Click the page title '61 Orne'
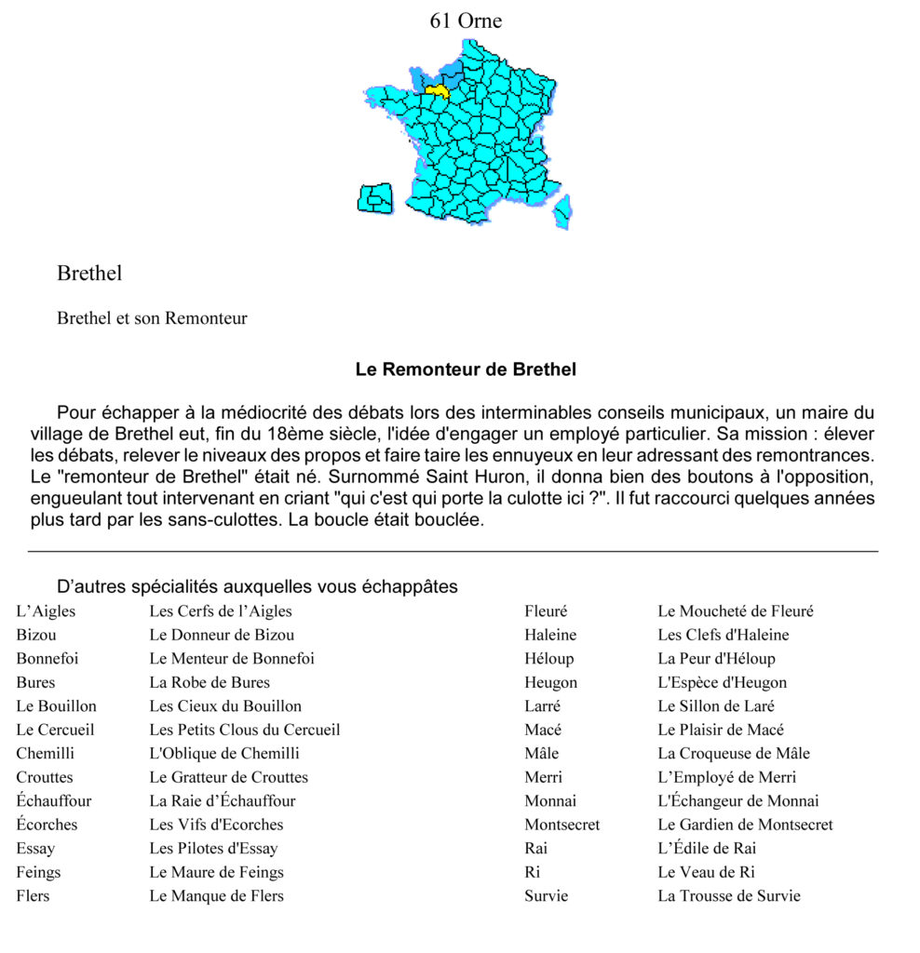(x=466, y=20)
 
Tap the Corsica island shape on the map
(x=562, y=211)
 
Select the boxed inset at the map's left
(x=375, y=199)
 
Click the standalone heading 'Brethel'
(x=89, y=274)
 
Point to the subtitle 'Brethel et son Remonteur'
(x=152, y=318)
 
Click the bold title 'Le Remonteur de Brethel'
(x=466, y=369)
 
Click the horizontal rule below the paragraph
(x=453, y=551)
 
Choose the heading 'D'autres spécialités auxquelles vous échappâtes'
(x=257, y=586)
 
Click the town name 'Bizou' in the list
(x=36, y=635)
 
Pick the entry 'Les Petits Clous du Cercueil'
(x=245, y=730)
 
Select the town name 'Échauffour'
(x=54, y=800)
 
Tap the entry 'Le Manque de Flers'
(x=217, y=895)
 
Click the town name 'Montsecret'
(x=562, y=825)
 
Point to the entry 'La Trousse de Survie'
(x=729, y=895)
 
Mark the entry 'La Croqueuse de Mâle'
(x=734, y=753)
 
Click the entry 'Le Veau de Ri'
(x=706, y=872)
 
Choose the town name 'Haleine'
(x=550, y=635)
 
